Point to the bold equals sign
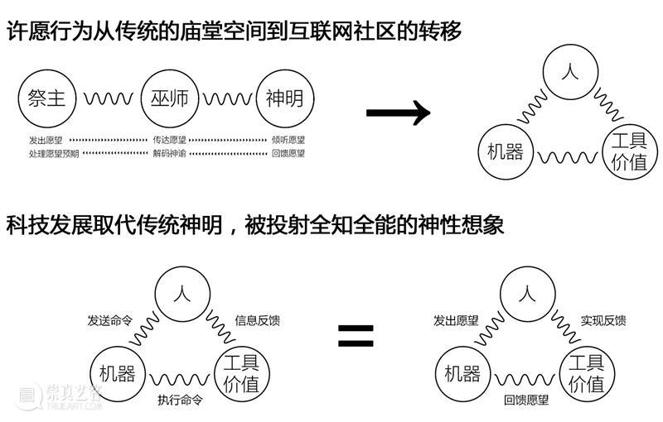[x=356, y=335]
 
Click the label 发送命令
[x=110, y=320]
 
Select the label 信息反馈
[x=258, y=320]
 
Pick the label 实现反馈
[x=603, y=320]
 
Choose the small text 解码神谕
[x=170, y=153]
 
